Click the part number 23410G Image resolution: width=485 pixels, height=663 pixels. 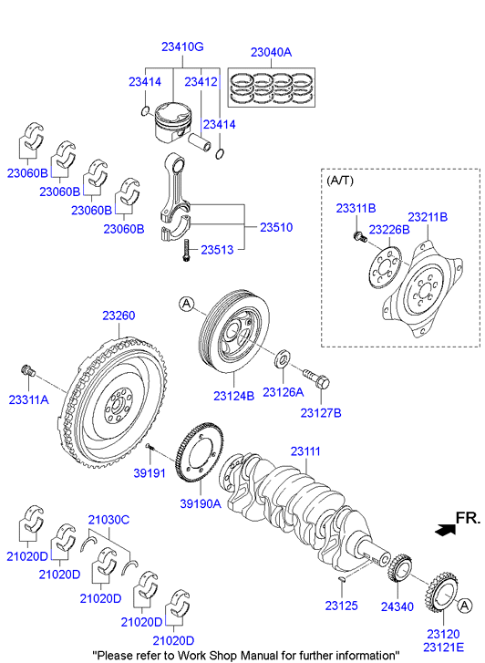(x=182, y=47)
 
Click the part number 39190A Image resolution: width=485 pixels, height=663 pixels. (x=201, y=502)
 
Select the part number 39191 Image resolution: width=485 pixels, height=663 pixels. (x=149, y=474)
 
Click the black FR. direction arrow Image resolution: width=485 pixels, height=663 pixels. (x=446, y=527)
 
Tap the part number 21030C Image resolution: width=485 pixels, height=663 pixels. (x=108, y=520)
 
